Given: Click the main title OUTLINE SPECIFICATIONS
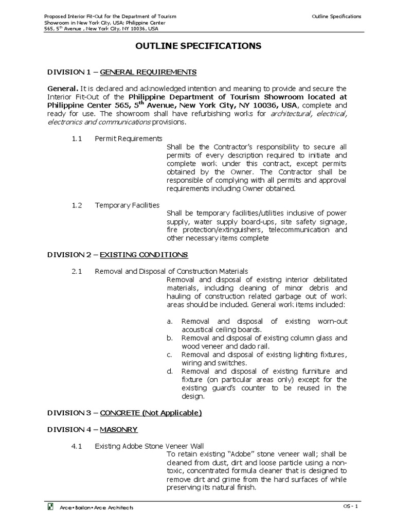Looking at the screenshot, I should (x=198, y=46).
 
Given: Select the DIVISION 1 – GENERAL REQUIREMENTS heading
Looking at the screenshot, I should (x=121, y=71).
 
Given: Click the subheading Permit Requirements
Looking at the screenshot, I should (x=129, y=139).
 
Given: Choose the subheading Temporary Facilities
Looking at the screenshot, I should (x=127, y=205).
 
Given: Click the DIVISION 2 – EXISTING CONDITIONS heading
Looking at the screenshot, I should (x=117, y=255).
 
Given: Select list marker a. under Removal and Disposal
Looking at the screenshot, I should (x=169, y=321).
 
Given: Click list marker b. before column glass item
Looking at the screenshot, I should (x=169, y=338).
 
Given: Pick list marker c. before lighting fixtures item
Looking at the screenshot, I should (x=169, y=355).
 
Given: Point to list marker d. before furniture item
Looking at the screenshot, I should (x=169, y=371).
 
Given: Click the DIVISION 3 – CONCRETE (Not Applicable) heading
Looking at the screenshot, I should (x=124, y=413).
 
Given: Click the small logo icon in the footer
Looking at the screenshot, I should (x=50, y=507).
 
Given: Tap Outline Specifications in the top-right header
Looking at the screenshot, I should (x=336, y=16).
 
